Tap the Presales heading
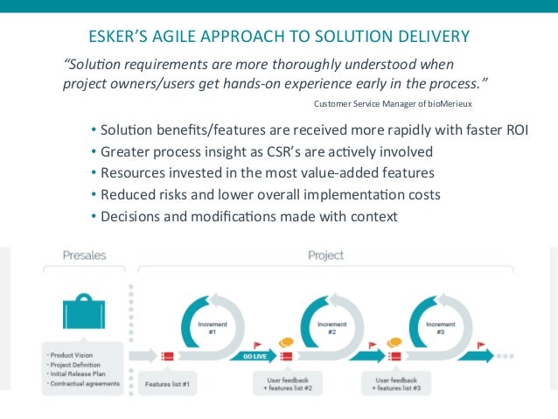[84, 255]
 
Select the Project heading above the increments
[325, 255]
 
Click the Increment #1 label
[206, 328]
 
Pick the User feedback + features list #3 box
[397, 382]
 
